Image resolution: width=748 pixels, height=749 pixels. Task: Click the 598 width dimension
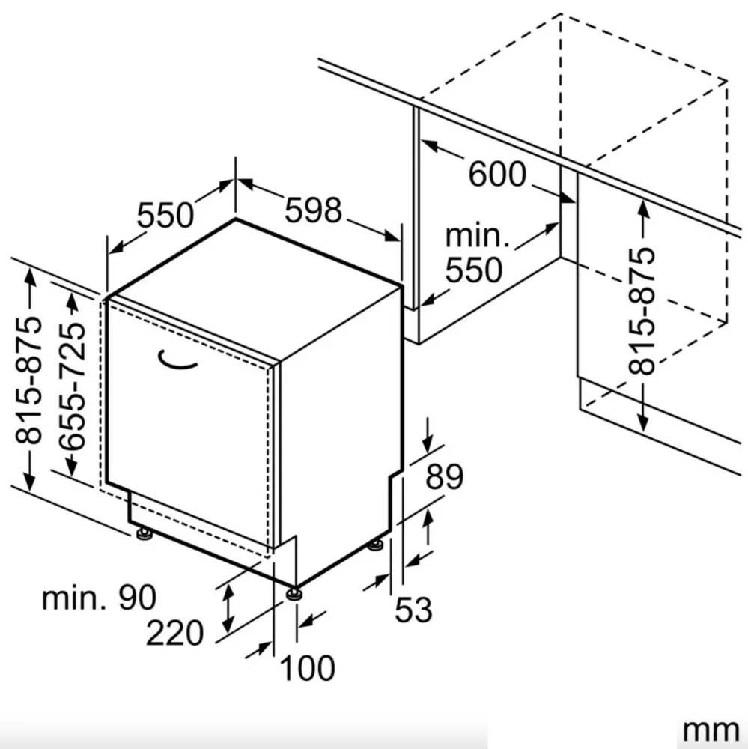coord(313,210)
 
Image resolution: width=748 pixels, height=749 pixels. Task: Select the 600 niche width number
coord(497,174)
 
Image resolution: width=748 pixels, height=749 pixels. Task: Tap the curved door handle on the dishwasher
coord(177,360)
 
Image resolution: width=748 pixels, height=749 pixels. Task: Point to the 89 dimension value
coord(444,476)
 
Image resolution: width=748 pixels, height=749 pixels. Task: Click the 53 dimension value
coord(413,610)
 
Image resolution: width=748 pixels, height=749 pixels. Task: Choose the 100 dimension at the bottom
coord(307,668)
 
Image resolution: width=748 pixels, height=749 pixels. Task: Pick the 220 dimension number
coord(174,633)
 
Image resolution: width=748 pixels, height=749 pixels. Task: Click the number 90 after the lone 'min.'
coord(137,597)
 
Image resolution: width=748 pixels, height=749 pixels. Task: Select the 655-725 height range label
coord(73,386)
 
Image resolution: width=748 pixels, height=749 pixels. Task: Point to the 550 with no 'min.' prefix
coord(165,216)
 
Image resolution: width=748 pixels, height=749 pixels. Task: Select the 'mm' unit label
coord(711,730)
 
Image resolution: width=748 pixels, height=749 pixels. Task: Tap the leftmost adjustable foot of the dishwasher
coord(143,533)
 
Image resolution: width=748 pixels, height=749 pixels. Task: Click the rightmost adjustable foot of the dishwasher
coord(375,545)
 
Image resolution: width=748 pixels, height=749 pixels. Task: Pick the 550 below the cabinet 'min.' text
coord(474,270)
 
